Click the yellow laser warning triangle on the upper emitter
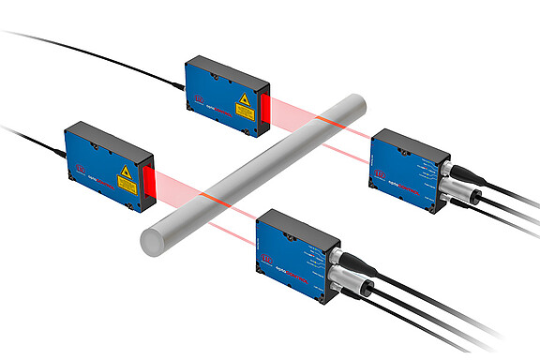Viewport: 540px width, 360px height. tap(244, 98)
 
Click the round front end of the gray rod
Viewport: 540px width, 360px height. tap(149, 239)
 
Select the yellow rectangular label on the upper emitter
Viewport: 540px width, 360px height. tap(245, 112)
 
